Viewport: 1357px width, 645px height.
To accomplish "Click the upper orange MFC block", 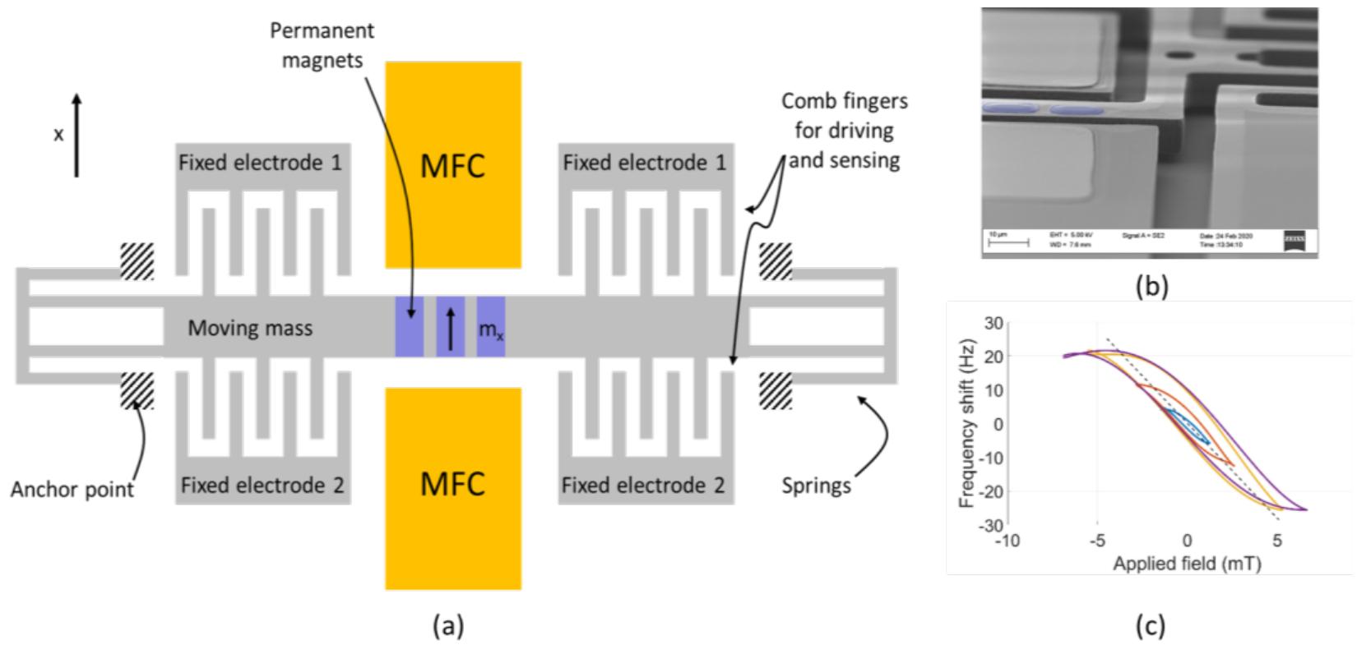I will tap(452, 164).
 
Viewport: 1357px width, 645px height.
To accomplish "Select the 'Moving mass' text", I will tap(250, 329).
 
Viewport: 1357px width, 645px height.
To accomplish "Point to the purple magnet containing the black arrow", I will tap(450, 326).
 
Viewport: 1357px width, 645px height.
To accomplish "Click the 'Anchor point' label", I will tap(72, 491).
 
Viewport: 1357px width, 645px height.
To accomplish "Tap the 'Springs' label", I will tap(816, 486).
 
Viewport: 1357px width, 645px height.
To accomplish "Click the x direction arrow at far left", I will tap(76, 136).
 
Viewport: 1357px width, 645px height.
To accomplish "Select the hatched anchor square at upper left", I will tap(137, 262).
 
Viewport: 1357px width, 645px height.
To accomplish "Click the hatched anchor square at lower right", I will tap(775, 391).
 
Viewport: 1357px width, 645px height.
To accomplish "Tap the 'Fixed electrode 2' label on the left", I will tap(262, 486).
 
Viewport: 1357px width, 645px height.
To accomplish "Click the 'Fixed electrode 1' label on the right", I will tap(644, 162).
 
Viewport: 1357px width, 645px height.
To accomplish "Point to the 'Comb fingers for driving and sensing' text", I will tap(844, 130).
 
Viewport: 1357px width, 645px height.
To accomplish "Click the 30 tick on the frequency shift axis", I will tap(992, 322).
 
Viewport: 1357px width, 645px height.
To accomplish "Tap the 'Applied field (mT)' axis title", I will tap(1186, 564).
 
